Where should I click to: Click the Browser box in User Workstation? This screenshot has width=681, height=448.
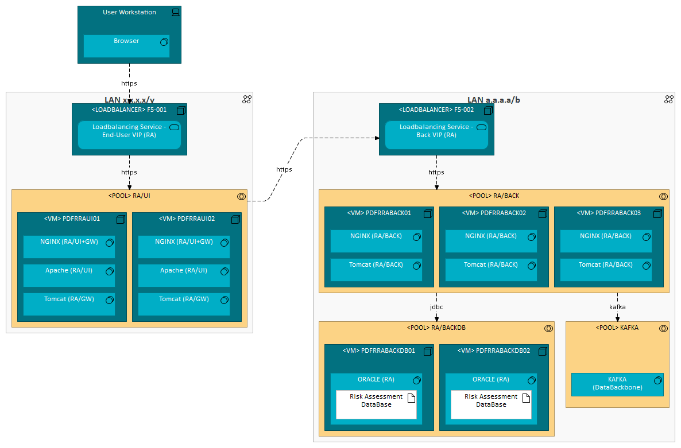click(126, 46)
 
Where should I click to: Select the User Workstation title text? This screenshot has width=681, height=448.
click(129, 12)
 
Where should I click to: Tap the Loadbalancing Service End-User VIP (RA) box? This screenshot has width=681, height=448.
click(129, 135)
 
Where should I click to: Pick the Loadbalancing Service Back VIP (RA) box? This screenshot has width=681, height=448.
click(436, 135)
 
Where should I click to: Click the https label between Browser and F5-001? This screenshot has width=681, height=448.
click(129, 83)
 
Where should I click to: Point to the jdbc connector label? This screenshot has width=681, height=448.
click(436, 307)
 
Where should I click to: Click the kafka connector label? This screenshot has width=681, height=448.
click(617, 307)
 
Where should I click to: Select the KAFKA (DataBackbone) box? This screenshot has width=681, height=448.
click(617, 384)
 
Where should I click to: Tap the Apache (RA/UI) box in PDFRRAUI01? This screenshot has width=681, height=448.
click(69, 275)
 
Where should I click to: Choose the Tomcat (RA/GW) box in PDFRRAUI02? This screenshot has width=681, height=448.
click(184, 304)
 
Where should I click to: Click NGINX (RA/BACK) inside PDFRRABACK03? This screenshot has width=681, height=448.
click(606, 241)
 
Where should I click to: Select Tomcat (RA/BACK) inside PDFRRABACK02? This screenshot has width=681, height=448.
click(491, 270)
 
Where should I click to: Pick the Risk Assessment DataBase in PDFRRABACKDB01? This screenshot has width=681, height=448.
click(376, 404)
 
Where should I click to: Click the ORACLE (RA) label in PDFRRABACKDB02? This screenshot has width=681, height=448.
click(491, 379)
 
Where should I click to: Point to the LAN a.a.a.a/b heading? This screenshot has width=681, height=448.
click(494, 100)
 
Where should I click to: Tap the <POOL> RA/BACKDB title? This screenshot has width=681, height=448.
click(436, 328)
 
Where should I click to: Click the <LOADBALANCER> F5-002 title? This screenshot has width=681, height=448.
click(436, 110)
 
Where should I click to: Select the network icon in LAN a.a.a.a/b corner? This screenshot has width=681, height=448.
click(668, 99)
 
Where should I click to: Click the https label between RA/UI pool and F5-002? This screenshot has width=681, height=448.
click(284, 169)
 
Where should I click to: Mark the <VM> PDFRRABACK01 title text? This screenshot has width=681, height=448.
click(379, 213)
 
